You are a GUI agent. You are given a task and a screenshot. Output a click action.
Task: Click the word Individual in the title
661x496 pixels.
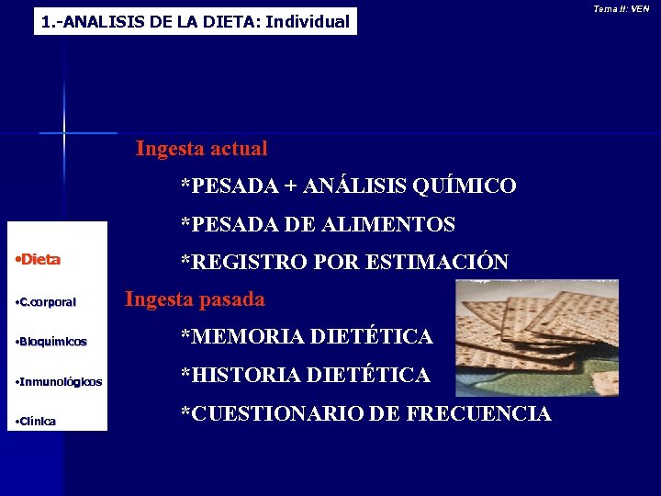308,21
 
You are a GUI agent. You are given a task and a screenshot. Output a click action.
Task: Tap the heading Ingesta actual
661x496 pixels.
201,148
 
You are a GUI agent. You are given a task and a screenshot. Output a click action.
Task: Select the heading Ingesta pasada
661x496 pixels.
195,299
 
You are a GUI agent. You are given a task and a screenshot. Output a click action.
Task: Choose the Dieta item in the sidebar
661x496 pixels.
39,260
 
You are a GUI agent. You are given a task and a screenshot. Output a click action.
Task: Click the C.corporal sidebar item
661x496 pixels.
47,301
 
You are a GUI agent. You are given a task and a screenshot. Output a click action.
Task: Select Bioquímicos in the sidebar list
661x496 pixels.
52,342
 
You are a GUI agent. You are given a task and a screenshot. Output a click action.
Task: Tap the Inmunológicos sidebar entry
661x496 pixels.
60,381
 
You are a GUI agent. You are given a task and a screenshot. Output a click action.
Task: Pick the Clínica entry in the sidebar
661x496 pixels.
38,422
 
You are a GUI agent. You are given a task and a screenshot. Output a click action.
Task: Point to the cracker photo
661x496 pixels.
537,337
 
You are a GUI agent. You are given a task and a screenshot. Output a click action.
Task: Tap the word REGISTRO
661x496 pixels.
244,262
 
